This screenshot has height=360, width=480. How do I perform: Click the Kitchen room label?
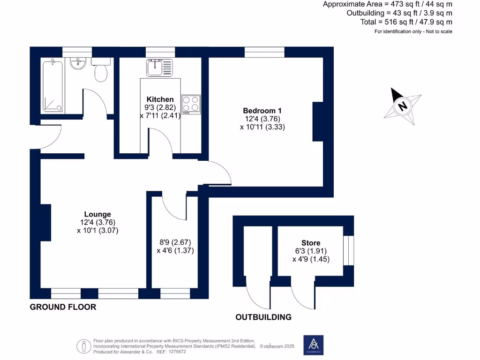(160, 99)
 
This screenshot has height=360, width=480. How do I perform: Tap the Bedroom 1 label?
(262, 111)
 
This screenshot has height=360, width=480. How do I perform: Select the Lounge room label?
(97, 214)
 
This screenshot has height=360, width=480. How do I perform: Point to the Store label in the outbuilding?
(311, 243)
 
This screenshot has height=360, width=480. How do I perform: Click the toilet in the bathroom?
(101, 70)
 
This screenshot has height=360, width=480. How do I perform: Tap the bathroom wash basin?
(78, 63)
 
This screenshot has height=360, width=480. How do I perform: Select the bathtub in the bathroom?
(52, 86)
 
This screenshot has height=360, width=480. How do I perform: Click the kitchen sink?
(159, 67)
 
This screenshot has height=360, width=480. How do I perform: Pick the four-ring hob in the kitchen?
(191, 104)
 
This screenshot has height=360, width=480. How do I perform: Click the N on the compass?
(403, 106)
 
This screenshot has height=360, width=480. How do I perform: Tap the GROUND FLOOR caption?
(63, 307)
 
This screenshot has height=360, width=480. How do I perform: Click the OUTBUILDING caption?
(263, 317)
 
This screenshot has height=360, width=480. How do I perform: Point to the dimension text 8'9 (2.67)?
(175, 242)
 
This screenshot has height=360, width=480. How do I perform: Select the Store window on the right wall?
(349, 250)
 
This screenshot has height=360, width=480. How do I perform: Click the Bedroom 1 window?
(264, 52)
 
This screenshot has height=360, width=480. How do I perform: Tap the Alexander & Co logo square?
(314, 345)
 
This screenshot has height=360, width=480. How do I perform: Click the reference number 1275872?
(177, 352)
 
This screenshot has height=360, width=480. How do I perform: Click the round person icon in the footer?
(83, 346)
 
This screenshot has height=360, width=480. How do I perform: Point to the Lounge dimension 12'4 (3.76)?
(97, 223)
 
